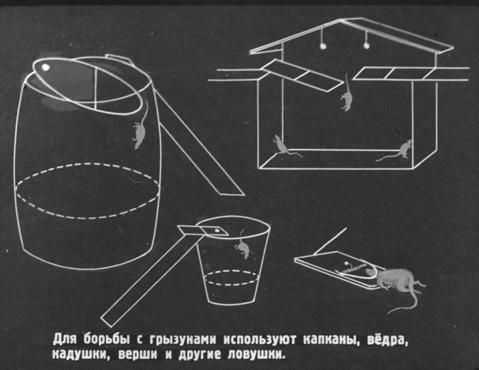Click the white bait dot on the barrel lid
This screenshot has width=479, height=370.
coord(46,67)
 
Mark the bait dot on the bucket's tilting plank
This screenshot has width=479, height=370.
coord(217,231)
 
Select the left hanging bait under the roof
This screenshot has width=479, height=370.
coord(323,46)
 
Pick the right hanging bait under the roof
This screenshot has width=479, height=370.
coord(366,46)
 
